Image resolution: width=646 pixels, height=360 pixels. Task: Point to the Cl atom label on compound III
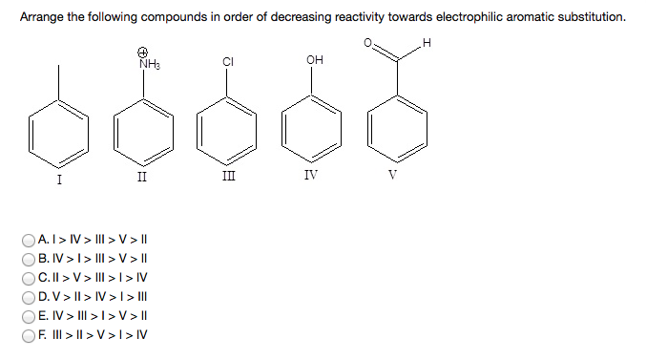click(x=228, y=63)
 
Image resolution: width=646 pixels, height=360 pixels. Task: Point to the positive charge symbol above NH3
click(x=142, y=52)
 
